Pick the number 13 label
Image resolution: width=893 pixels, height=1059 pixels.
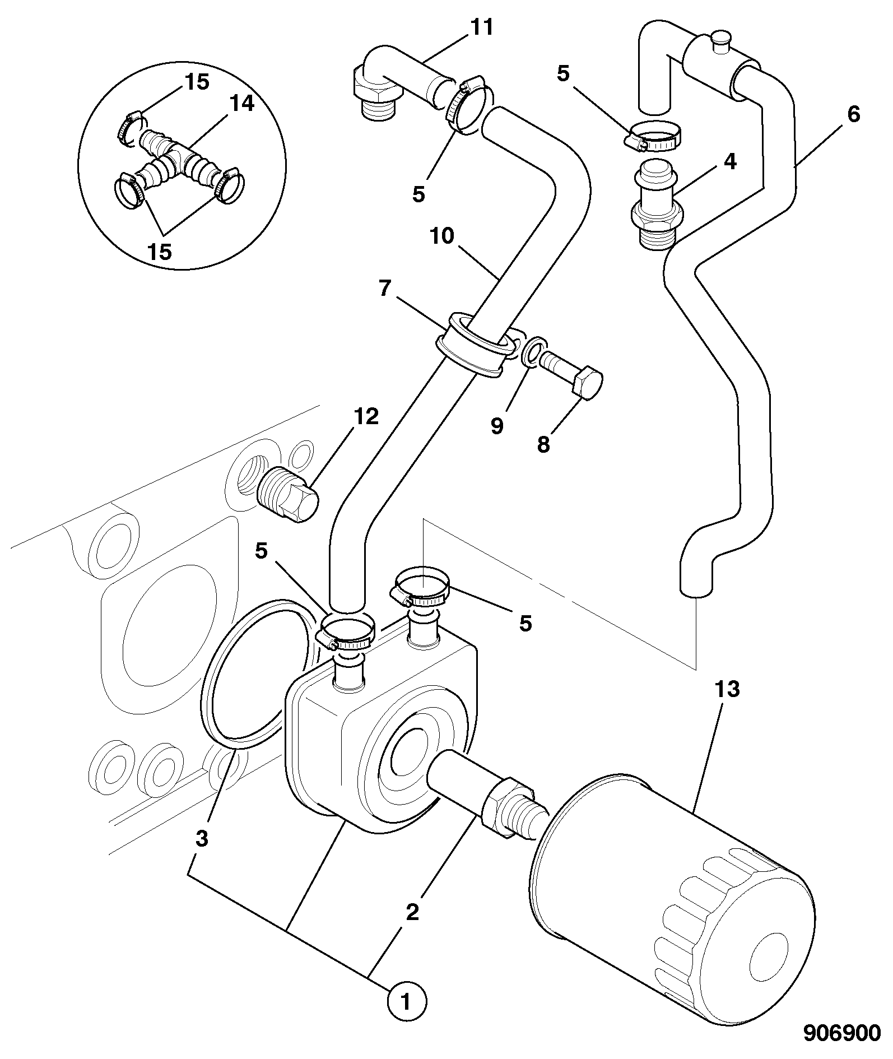727,690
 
